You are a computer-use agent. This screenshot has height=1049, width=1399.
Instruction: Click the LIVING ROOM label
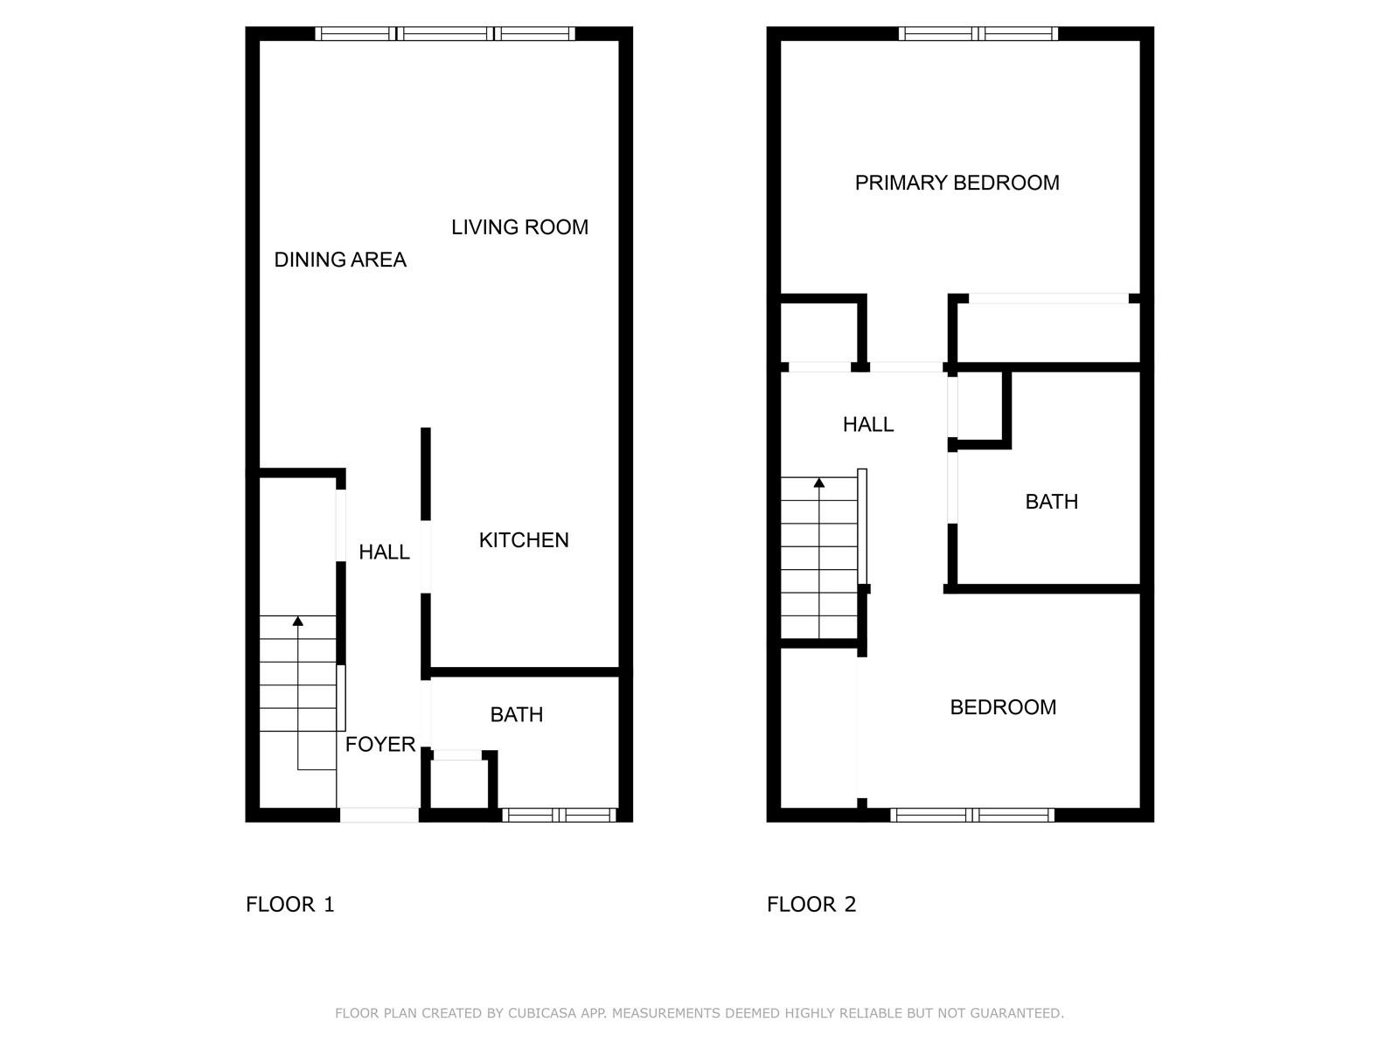click(x=519, y=227)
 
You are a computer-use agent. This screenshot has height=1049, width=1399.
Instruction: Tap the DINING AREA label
click(x=340, y=260)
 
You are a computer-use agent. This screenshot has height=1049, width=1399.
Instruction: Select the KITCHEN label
click(x=523, y=540)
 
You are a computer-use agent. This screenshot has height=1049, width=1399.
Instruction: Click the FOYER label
click(x=379, y=744)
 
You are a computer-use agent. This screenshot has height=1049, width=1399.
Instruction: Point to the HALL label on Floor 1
click(x=384, y=552)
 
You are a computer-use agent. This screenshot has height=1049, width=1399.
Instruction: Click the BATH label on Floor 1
click(x=516, y=714)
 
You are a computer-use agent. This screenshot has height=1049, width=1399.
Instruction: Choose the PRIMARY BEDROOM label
click(x=957, y=183)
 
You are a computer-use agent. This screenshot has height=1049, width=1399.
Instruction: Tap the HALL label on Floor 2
click(x=868, y=424)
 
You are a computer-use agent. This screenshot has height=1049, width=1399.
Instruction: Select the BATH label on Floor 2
click(x=1052, y=502)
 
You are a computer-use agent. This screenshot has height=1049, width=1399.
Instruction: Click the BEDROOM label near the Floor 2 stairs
click(x=1003, y=707)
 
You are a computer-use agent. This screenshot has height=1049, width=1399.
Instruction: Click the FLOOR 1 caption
click(x=290, y=905)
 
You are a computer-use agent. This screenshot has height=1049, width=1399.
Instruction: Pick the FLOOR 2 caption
click(x=811, y=905)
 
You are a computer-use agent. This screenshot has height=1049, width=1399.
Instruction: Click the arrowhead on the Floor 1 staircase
click(x=297, y=621)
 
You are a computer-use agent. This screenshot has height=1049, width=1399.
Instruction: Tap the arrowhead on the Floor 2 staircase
click(x=819, y=483)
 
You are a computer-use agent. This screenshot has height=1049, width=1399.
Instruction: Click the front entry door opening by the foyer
click(x=379, y=815)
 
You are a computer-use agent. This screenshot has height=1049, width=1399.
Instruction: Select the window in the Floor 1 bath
click(x=559, y=815)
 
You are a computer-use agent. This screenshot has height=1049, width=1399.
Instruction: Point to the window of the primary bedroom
click(x=978, y=34)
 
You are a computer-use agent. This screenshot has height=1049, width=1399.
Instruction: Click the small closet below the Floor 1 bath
click(x=459, y=784)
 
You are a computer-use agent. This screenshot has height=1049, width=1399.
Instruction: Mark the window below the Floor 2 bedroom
click(x=972, y=815)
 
